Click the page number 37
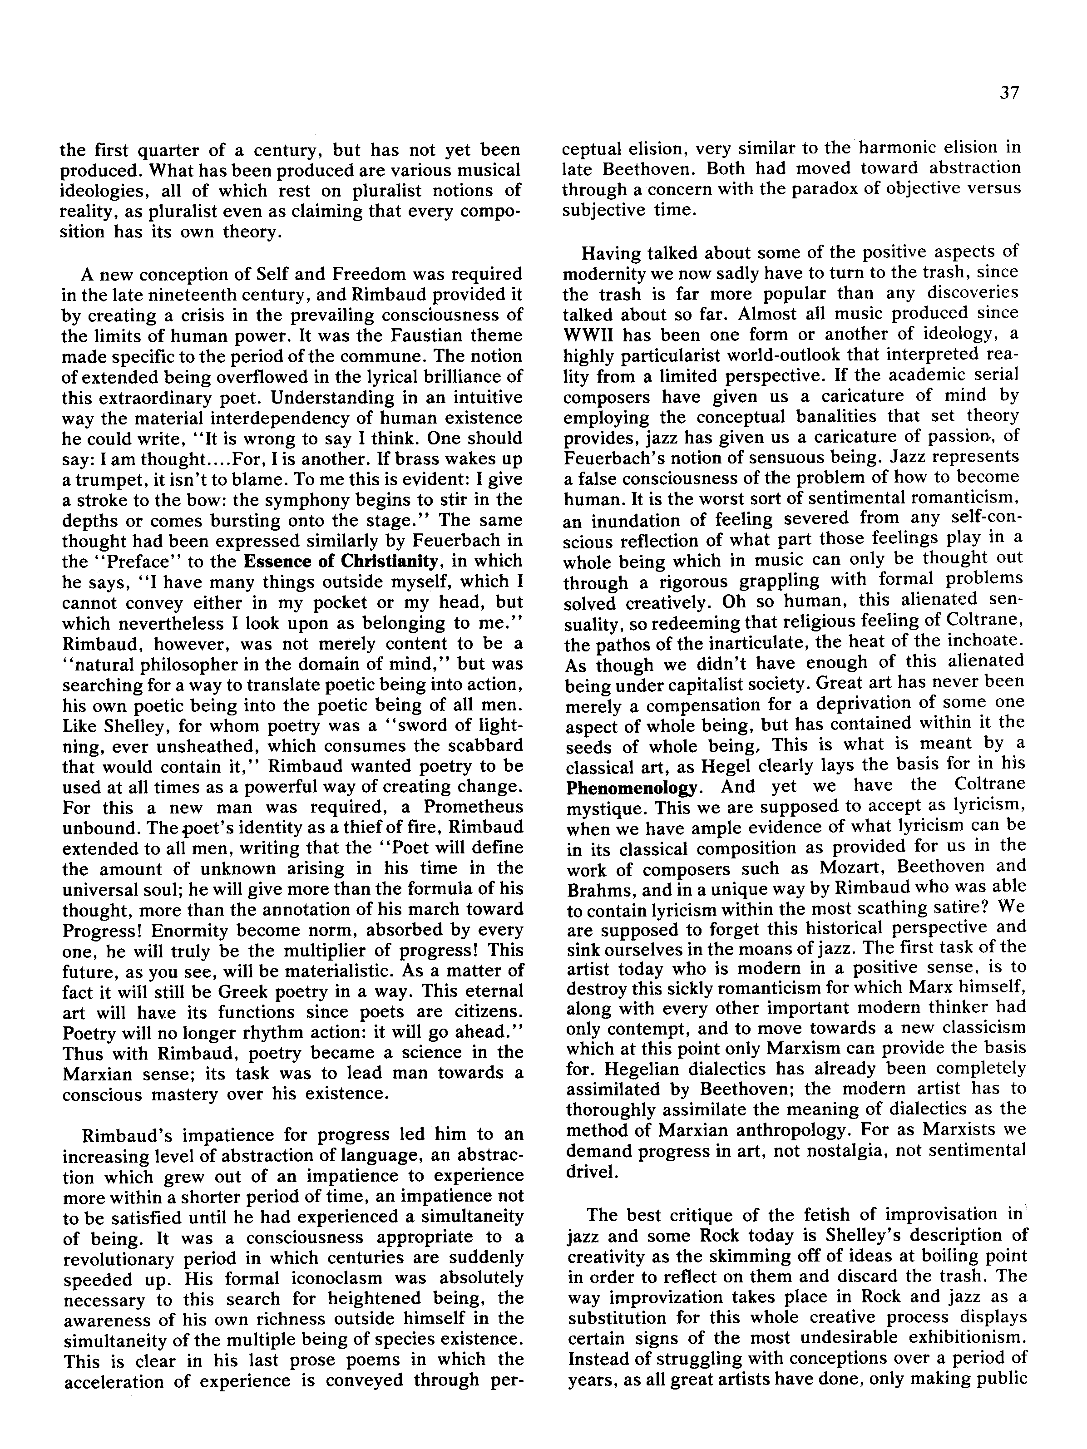[x=1010, y=93]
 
